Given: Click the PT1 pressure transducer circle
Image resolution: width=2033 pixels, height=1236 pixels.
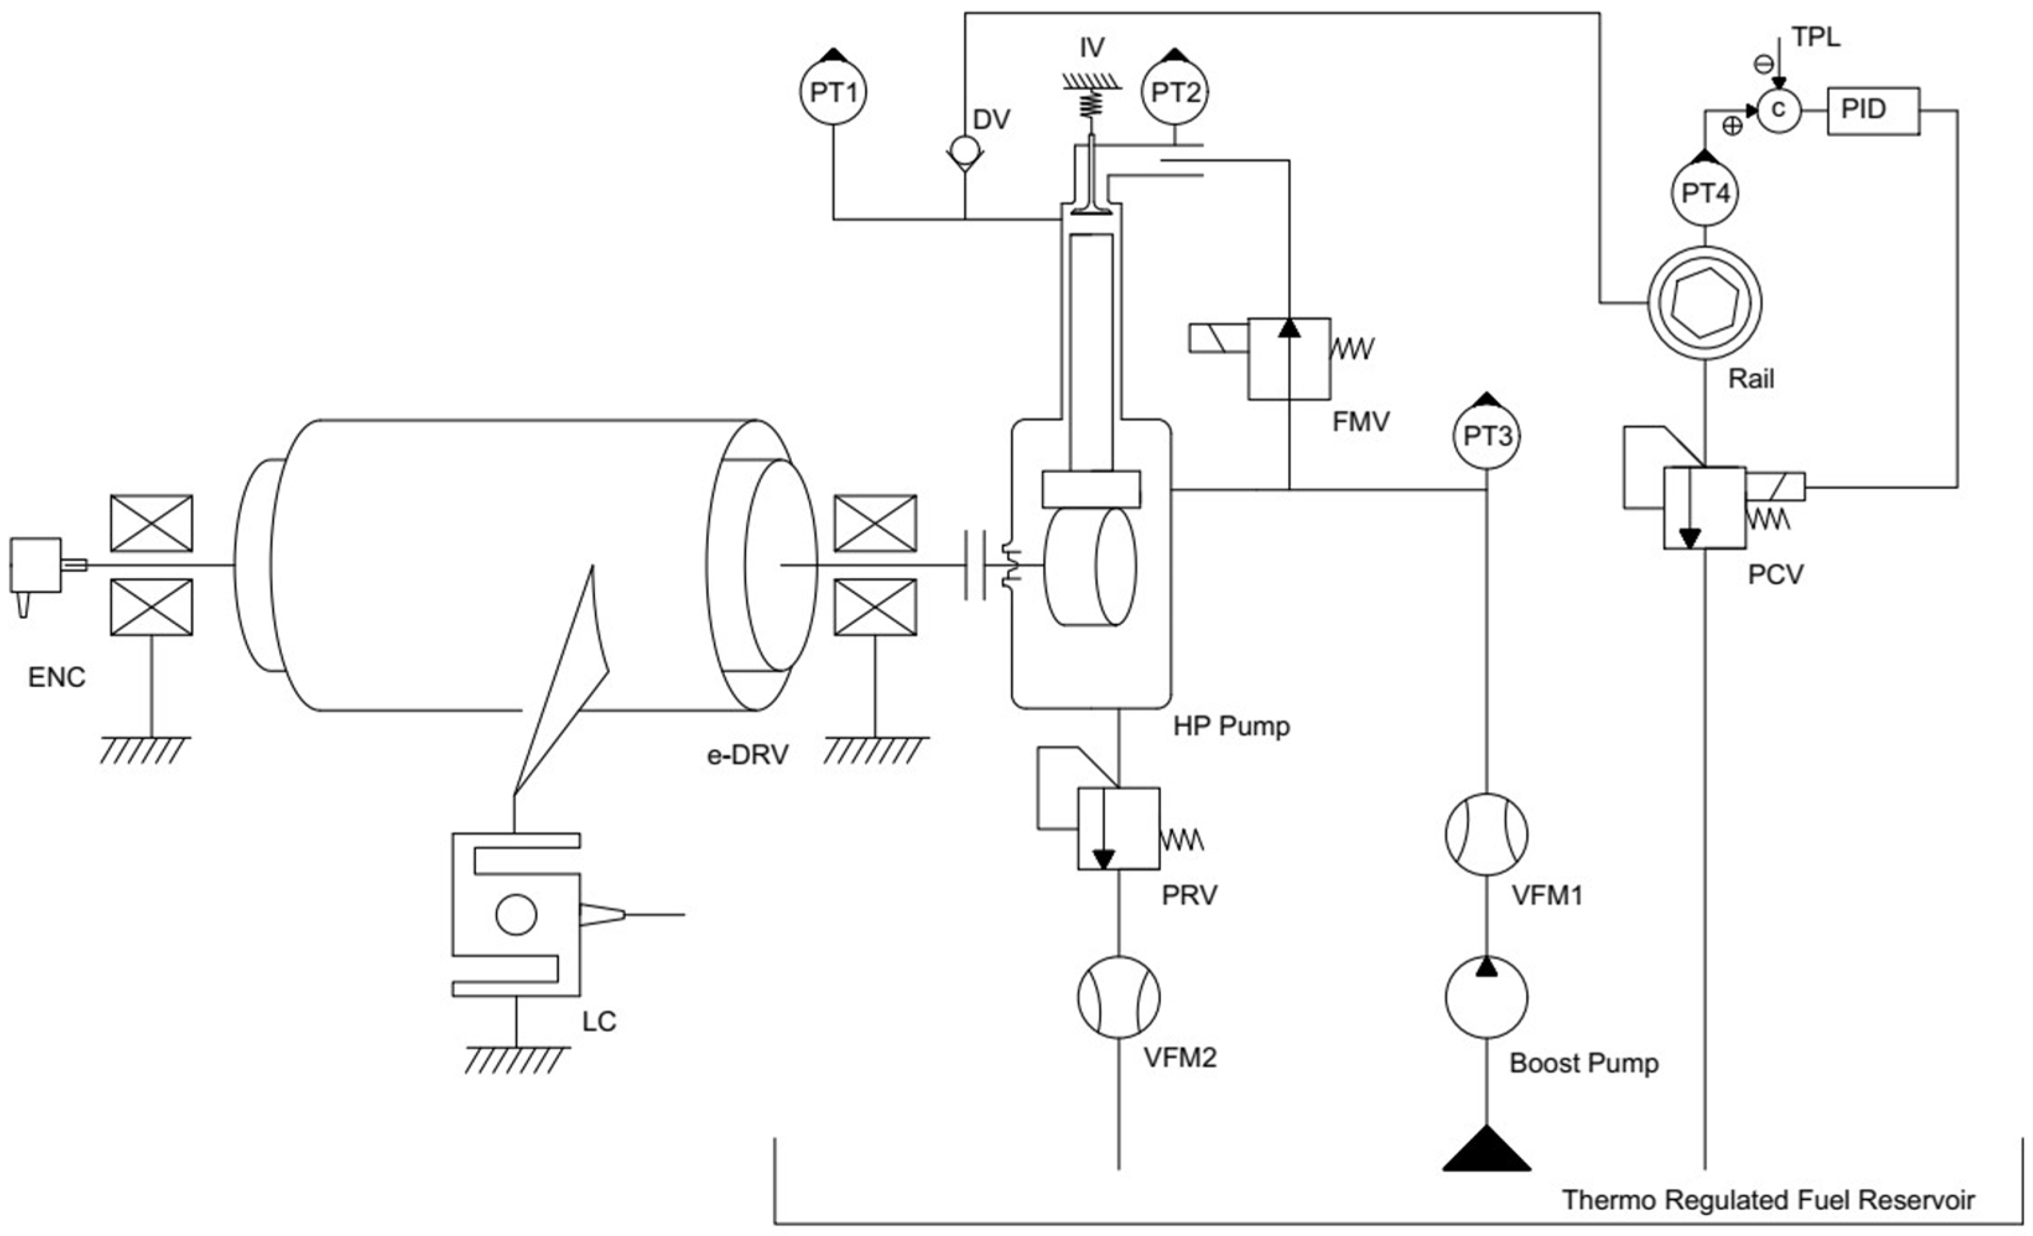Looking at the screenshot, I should tap(833, 92).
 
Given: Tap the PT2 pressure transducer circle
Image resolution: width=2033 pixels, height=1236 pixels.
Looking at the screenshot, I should tap(1175, 92).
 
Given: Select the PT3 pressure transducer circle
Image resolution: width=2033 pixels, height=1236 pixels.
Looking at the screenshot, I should tap(1487, 436).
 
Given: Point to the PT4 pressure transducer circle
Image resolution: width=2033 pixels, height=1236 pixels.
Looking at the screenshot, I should tap(1705, 194).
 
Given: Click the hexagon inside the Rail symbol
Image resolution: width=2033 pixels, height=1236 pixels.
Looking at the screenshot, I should tap(1705, 302).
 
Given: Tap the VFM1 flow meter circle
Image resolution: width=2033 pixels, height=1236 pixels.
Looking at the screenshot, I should tap(1487, 834).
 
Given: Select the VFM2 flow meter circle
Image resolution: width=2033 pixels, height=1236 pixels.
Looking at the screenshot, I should tap(1119, 996).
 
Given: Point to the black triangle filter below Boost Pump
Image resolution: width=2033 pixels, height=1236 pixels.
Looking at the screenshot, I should tap(1487, 1151).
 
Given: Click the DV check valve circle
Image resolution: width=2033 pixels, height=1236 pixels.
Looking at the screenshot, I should tap(964, 150).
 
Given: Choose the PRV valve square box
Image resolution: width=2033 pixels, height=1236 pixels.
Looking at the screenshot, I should tap(1119, 828).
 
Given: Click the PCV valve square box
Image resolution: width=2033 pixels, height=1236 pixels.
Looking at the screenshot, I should tap(1705, 508).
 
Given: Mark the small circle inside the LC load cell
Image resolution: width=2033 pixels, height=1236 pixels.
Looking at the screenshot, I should tap(516, 914).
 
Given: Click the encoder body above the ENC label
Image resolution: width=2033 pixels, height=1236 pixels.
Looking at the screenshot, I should tap(35, 565).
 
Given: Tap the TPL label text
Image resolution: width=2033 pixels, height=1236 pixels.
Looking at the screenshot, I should tap(1815, 38).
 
